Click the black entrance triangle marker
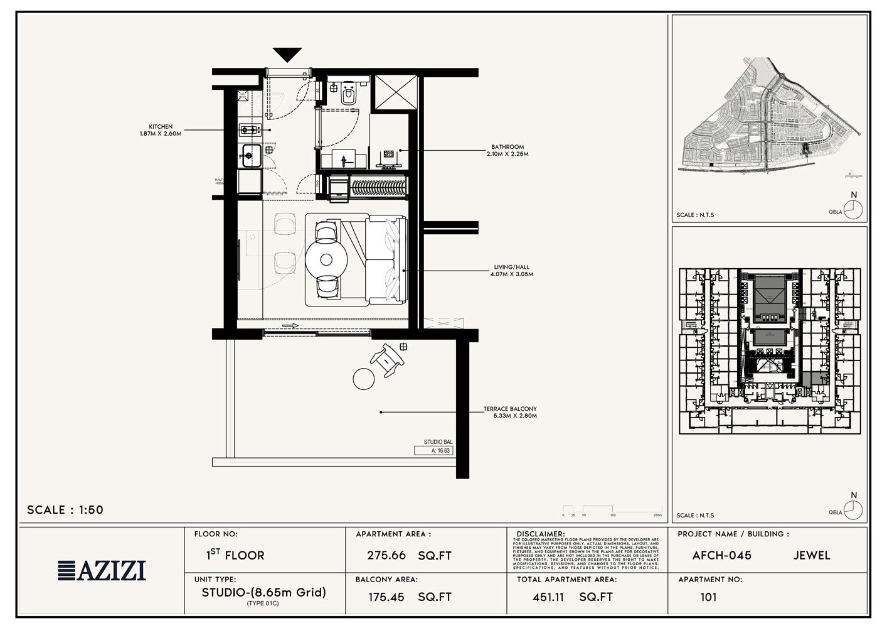[x=287, y=55]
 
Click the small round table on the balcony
[x=363, y=378]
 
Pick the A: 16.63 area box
[x=433, y=450]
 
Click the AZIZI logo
[x=102, y=570]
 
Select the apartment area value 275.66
[x=386, y=556]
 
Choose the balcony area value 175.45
[x=386, y=597]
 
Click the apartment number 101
[x=708, y=597]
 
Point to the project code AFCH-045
[x=721, y=556]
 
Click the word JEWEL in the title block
[x=811, y=556]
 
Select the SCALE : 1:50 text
[x=65, y=510]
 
